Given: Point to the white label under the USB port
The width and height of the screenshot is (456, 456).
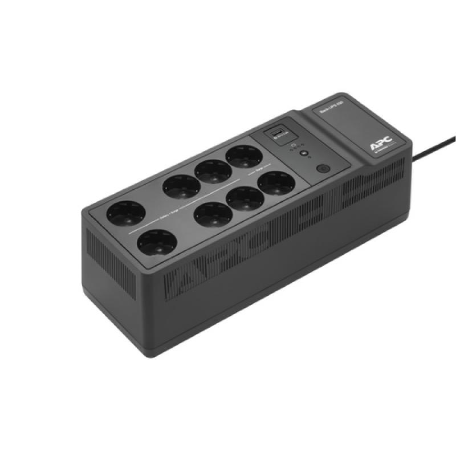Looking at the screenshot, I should click(x=279, y=142).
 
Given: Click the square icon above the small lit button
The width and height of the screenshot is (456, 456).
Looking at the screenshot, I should click(x=292, y=146).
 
